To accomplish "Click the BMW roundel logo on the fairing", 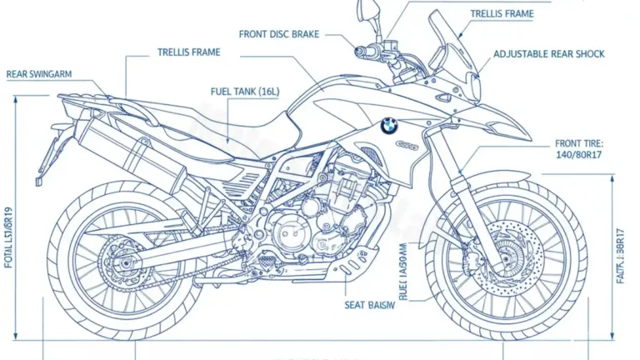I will tap(389, 125).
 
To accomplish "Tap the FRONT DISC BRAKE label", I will tap(278, 34).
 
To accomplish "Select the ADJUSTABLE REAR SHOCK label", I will tap(549, 54).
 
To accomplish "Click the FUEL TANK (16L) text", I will tap(247, 90).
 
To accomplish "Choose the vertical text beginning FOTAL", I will tap(9, 242).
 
